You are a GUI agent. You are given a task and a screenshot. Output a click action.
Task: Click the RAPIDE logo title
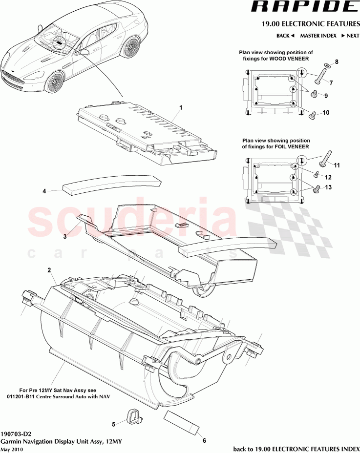pos(303,7)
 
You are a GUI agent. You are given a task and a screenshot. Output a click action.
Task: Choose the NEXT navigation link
pos(350,36)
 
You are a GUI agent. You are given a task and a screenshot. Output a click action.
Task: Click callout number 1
pos(180,106)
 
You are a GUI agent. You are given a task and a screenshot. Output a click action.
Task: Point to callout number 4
pos(44,191)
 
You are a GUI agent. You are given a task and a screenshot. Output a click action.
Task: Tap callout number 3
pos(64,236)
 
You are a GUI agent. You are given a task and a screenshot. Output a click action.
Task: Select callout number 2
pos(49,270)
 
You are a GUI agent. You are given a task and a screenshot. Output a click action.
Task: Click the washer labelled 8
pos(326,66)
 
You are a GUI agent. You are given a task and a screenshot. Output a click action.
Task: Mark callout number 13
pos(328,187)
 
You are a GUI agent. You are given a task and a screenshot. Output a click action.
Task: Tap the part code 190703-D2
pos(16,433)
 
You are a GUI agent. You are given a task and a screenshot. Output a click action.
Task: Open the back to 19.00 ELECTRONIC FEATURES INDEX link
pos(296,449)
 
